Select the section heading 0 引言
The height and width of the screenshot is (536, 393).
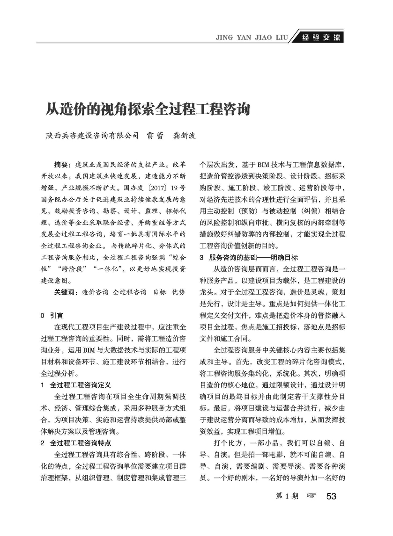pos(52,315)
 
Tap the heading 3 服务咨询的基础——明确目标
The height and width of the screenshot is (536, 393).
pos(248,258)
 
